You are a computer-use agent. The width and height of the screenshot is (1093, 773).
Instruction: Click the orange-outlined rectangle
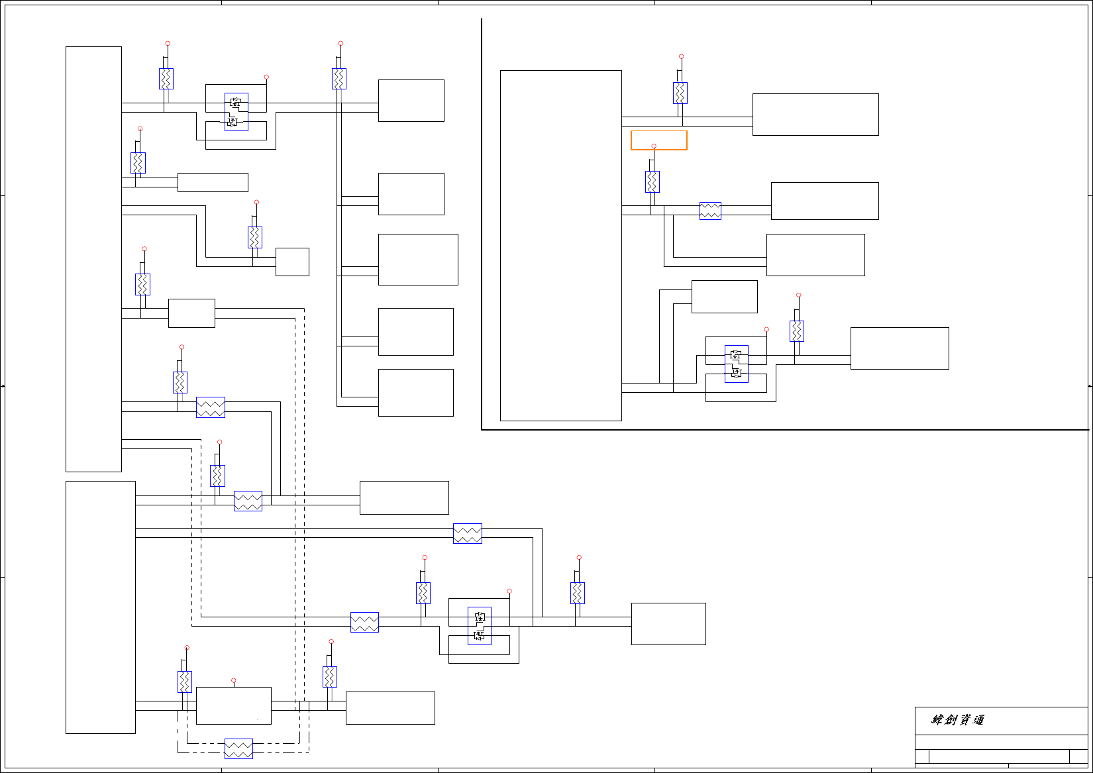pyautogui.click(x=658, y=140)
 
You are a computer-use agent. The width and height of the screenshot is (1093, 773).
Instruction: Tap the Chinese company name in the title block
pyautogui.click(x=958, y=720)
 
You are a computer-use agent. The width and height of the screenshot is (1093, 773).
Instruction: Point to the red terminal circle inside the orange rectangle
pyautogui.click(x=654, y=146)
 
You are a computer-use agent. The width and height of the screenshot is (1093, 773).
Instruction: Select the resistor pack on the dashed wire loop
pyautogui.click(x=238, y=748)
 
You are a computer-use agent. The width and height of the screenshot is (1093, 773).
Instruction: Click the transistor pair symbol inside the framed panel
pyautogui.click(x=736, y=364)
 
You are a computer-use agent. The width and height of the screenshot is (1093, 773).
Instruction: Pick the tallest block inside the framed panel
pyautogui.click(x=560, y=245)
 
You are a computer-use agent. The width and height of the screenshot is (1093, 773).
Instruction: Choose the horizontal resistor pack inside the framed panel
pyautogui.click(x=710, y=211)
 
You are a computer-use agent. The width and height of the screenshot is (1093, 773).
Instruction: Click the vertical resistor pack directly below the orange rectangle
pyautogui.click(x=652, y=181)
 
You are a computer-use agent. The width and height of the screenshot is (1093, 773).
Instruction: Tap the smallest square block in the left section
pyautogui.click(x=292, y=262)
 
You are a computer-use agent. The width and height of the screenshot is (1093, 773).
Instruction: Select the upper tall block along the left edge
pyautogui.click(x=93, y=259)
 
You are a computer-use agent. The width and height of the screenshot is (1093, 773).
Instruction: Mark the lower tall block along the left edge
pyautogui.click(x=101, y=607)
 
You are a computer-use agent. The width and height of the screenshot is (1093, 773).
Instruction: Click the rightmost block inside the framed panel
pyautogui.click(x=900, y=348)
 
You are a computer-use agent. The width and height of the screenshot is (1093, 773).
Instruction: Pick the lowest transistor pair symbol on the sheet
pyautogui.click(x=480, y=626)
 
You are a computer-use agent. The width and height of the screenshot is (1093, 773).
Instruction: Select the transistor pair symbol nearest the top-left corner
pyautogui.click(x=236, y=112)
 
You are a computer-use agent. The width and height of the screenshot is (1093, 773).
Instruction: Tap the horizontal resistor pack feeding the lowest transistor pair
pyautogui.click(x=364, y=622)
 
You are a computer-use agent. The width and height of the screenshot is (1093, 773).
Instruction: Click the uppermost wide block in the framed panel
pyautogui.click(x=815, y=115)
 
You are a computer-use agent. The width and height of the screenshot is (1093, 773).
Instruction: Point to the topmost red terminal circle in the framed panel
pyautogui.click(x=681, y=57)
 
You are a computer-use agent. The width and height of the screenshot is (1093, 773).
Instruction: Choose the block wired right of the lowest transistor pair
pyautogui.click(x=668, y=623)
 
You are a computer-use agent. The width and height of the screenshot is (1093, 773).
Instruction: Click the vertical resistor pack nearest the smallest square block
pyautogui.click(x=255, y=237)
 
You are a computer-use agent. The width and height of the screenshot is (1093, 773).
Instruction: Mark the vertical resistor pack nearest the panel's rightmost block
pyautogui.click(x=797, y=331)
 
